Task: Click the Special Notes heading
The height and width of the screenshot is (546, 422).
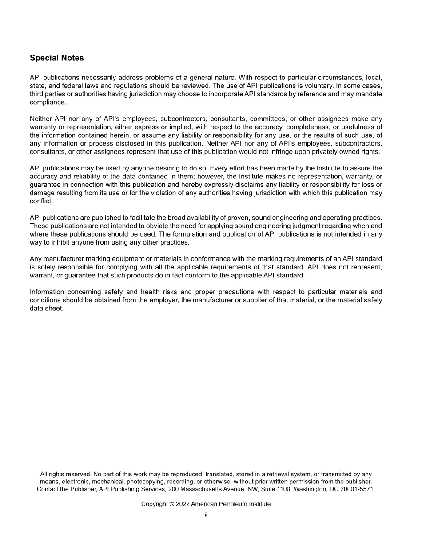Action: pos(56,58)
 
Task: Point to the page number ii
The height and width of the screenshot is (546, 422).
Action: pos(206,515)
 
